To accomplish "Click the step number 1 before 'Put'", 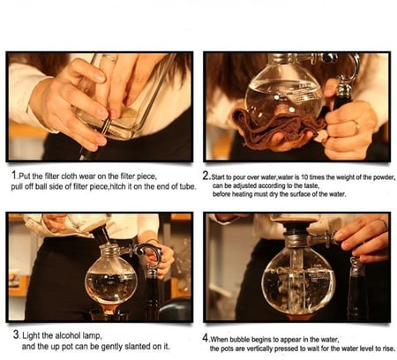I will coord(13,176).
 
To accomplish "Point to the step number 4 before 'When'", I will coord(206,336).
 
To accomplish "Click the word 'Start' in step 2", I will coord(221,176).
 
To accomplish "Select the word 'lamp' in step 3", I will coord(91,336).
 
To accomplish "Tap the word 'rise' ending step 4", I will coord(384,348).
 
